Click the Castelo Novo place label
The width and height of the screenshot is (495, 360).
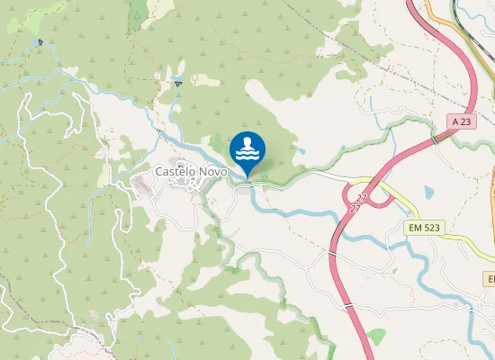coord(191,171)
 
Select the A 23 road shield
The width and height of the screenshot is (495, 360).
coord(462,121)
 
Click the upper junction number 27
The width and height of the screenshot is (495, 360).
coord(361,196)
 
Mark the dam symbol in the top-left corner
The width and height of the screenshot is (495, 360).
coord(40,42)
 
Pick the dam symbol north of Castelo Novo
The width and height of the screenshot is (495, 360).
coord(178,84)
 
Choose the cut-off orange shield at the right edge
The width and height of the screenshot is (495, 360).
coord(490,281)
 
